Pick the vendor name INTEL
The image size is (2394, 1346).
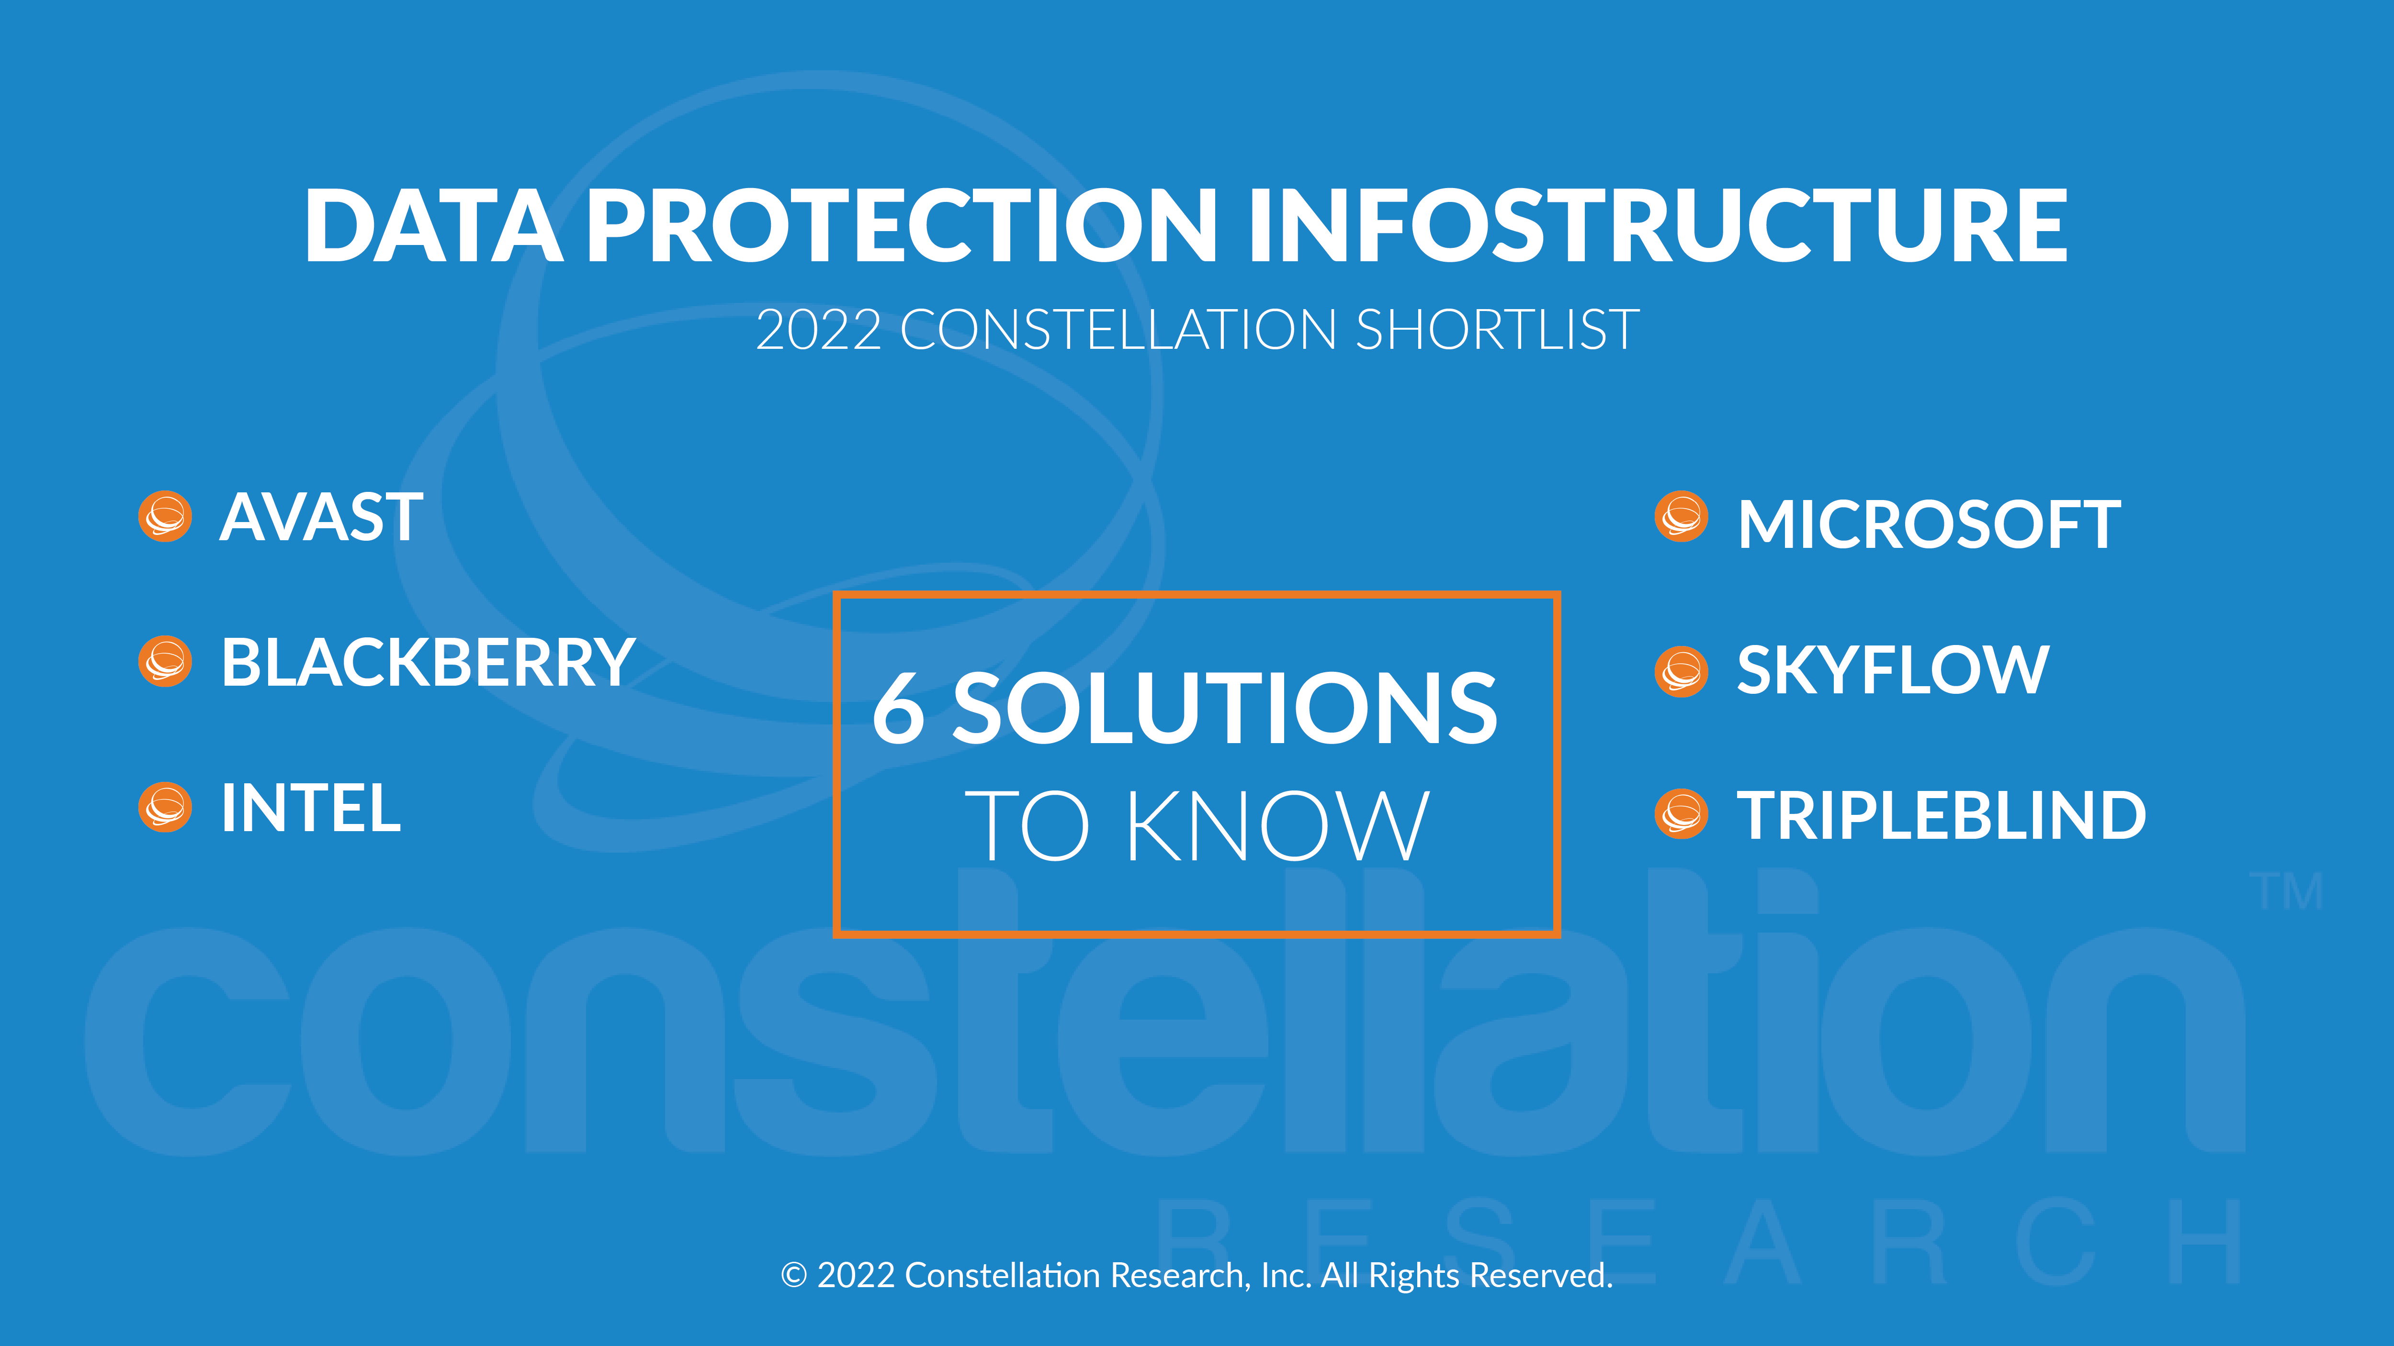pos(310,808)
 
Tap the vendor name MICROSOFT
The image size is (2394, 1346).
pos(1930,525)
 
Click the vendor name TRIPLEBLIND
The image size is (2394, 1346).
pos(1942,815)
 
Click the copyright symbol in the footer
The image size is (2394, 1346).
pos(794,1275)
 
